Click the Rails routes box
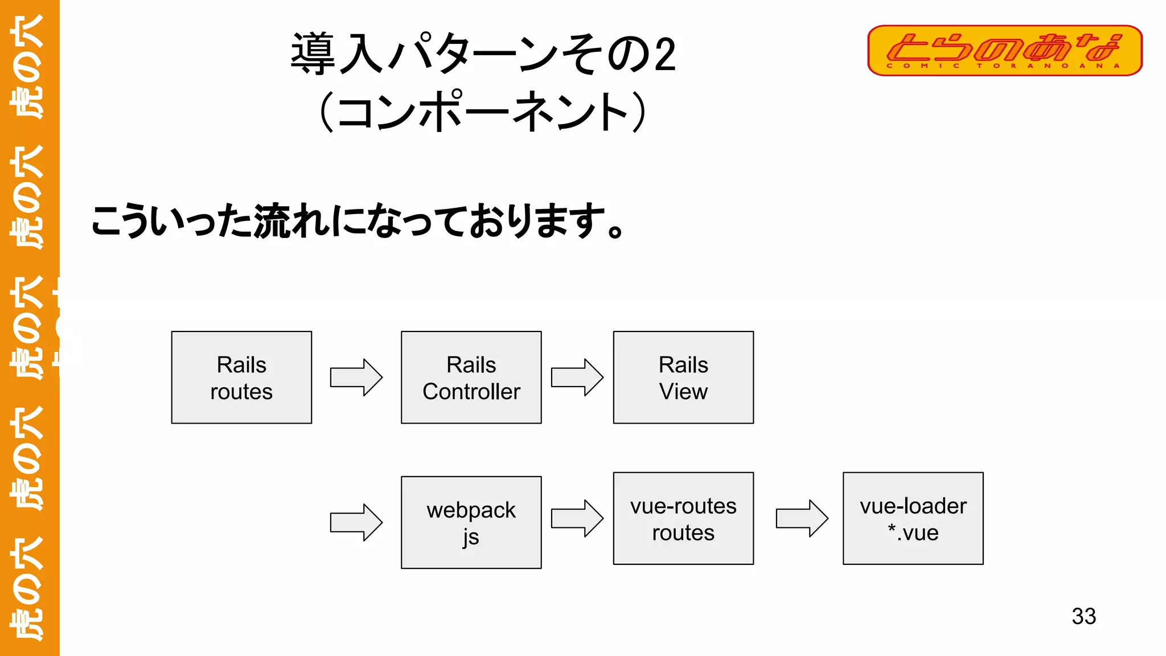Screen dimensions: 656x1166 [x=241, y=378]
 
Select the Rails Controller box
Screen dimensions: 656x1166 [x=471, y=378]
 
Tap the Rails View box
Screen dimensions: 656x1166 [x=683, y=378]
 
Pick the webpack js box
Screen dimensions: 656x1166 [x=471, y=522]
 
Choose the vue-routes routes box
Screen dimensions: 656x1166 [x=683, y=518]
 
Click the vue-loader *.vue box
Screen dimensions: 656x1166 [x=913, y=518]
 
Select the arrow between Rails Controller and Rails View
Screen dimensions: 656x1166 [x=577, y=377]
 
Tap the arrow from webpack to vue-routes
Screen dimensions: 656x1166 [x=577, y=518]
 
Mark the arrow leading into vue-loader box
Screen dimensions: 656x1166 [x=802, y=518]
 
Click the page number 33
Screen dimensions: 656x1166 [x=1083, y=616]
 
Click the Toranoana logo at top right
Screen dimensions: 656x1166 [x=1004, y=50]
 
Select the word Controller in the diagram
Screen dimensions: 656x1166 [x=471, y=392]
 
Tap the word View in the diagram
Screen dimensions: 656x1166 [x=683, y=392]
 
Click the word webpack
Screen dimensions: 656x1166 [x=471, y=510]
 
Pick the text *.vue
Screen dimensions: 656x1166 [x=913, y=533]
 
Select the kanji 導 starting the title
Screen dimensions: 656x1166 [x=313, y=54]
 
